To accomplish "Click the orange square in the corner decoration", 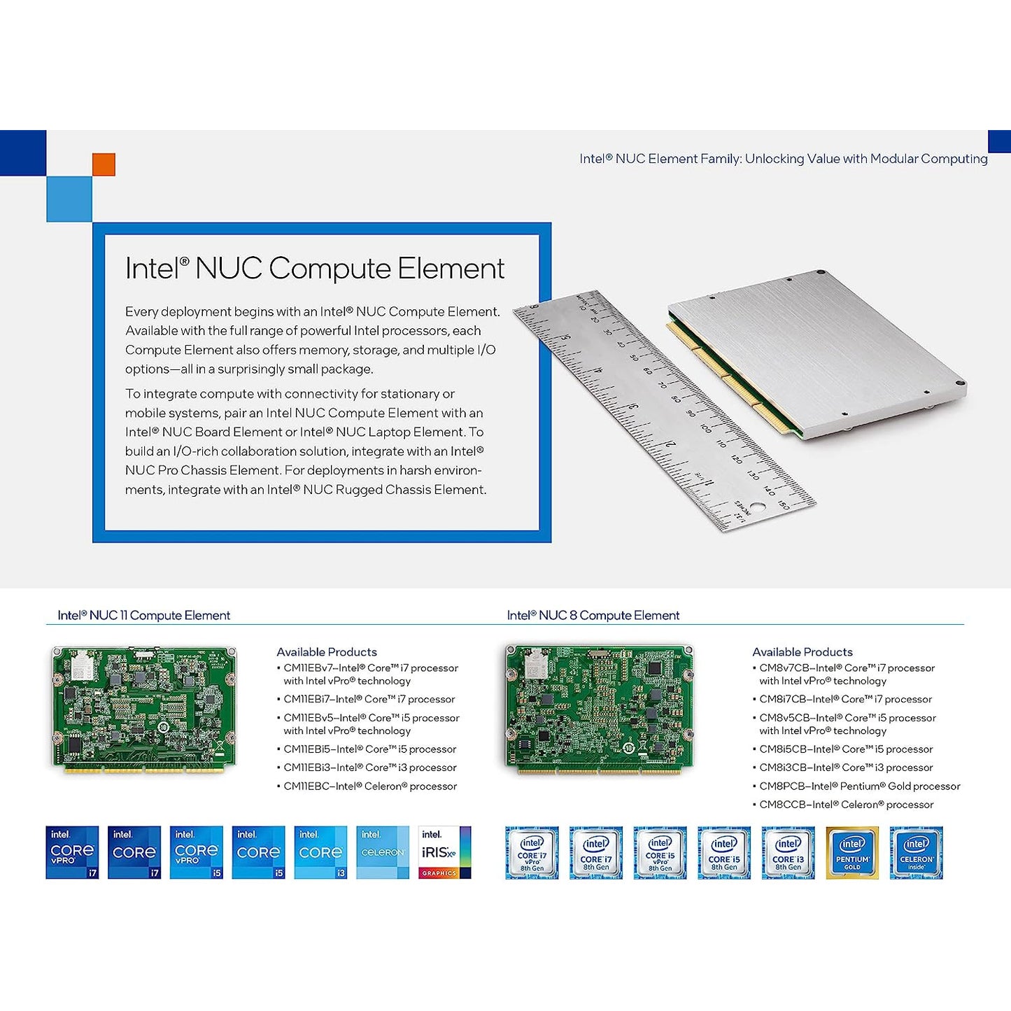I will coord(104,164).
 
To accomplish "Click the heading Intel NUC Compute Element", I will coord(314,269).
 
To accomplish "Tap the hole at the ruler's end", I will coord(758,507).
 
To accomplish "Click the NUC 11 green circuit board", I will coord(144,708).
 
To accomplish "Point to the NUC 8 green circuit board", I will coord(599,708).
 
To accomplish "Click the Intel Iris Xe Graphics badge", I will coord(444,852).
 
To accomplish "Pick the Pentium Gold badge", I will coord(852,852).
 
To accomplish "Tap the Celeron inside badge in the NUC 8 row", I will coord(916,852).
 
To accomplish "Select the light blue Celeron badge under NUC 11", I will coord(383,852).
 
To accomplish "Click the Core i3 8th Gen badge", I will coord(788,852).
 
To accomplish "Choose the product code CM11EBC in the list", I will coord(307,786).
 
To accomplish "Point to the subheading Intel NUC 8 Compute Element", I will coord(593,616).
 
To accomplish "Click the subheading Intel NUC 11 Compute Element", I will coord(143,616).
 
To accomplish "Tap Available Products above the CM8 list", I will coord(803,652).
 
